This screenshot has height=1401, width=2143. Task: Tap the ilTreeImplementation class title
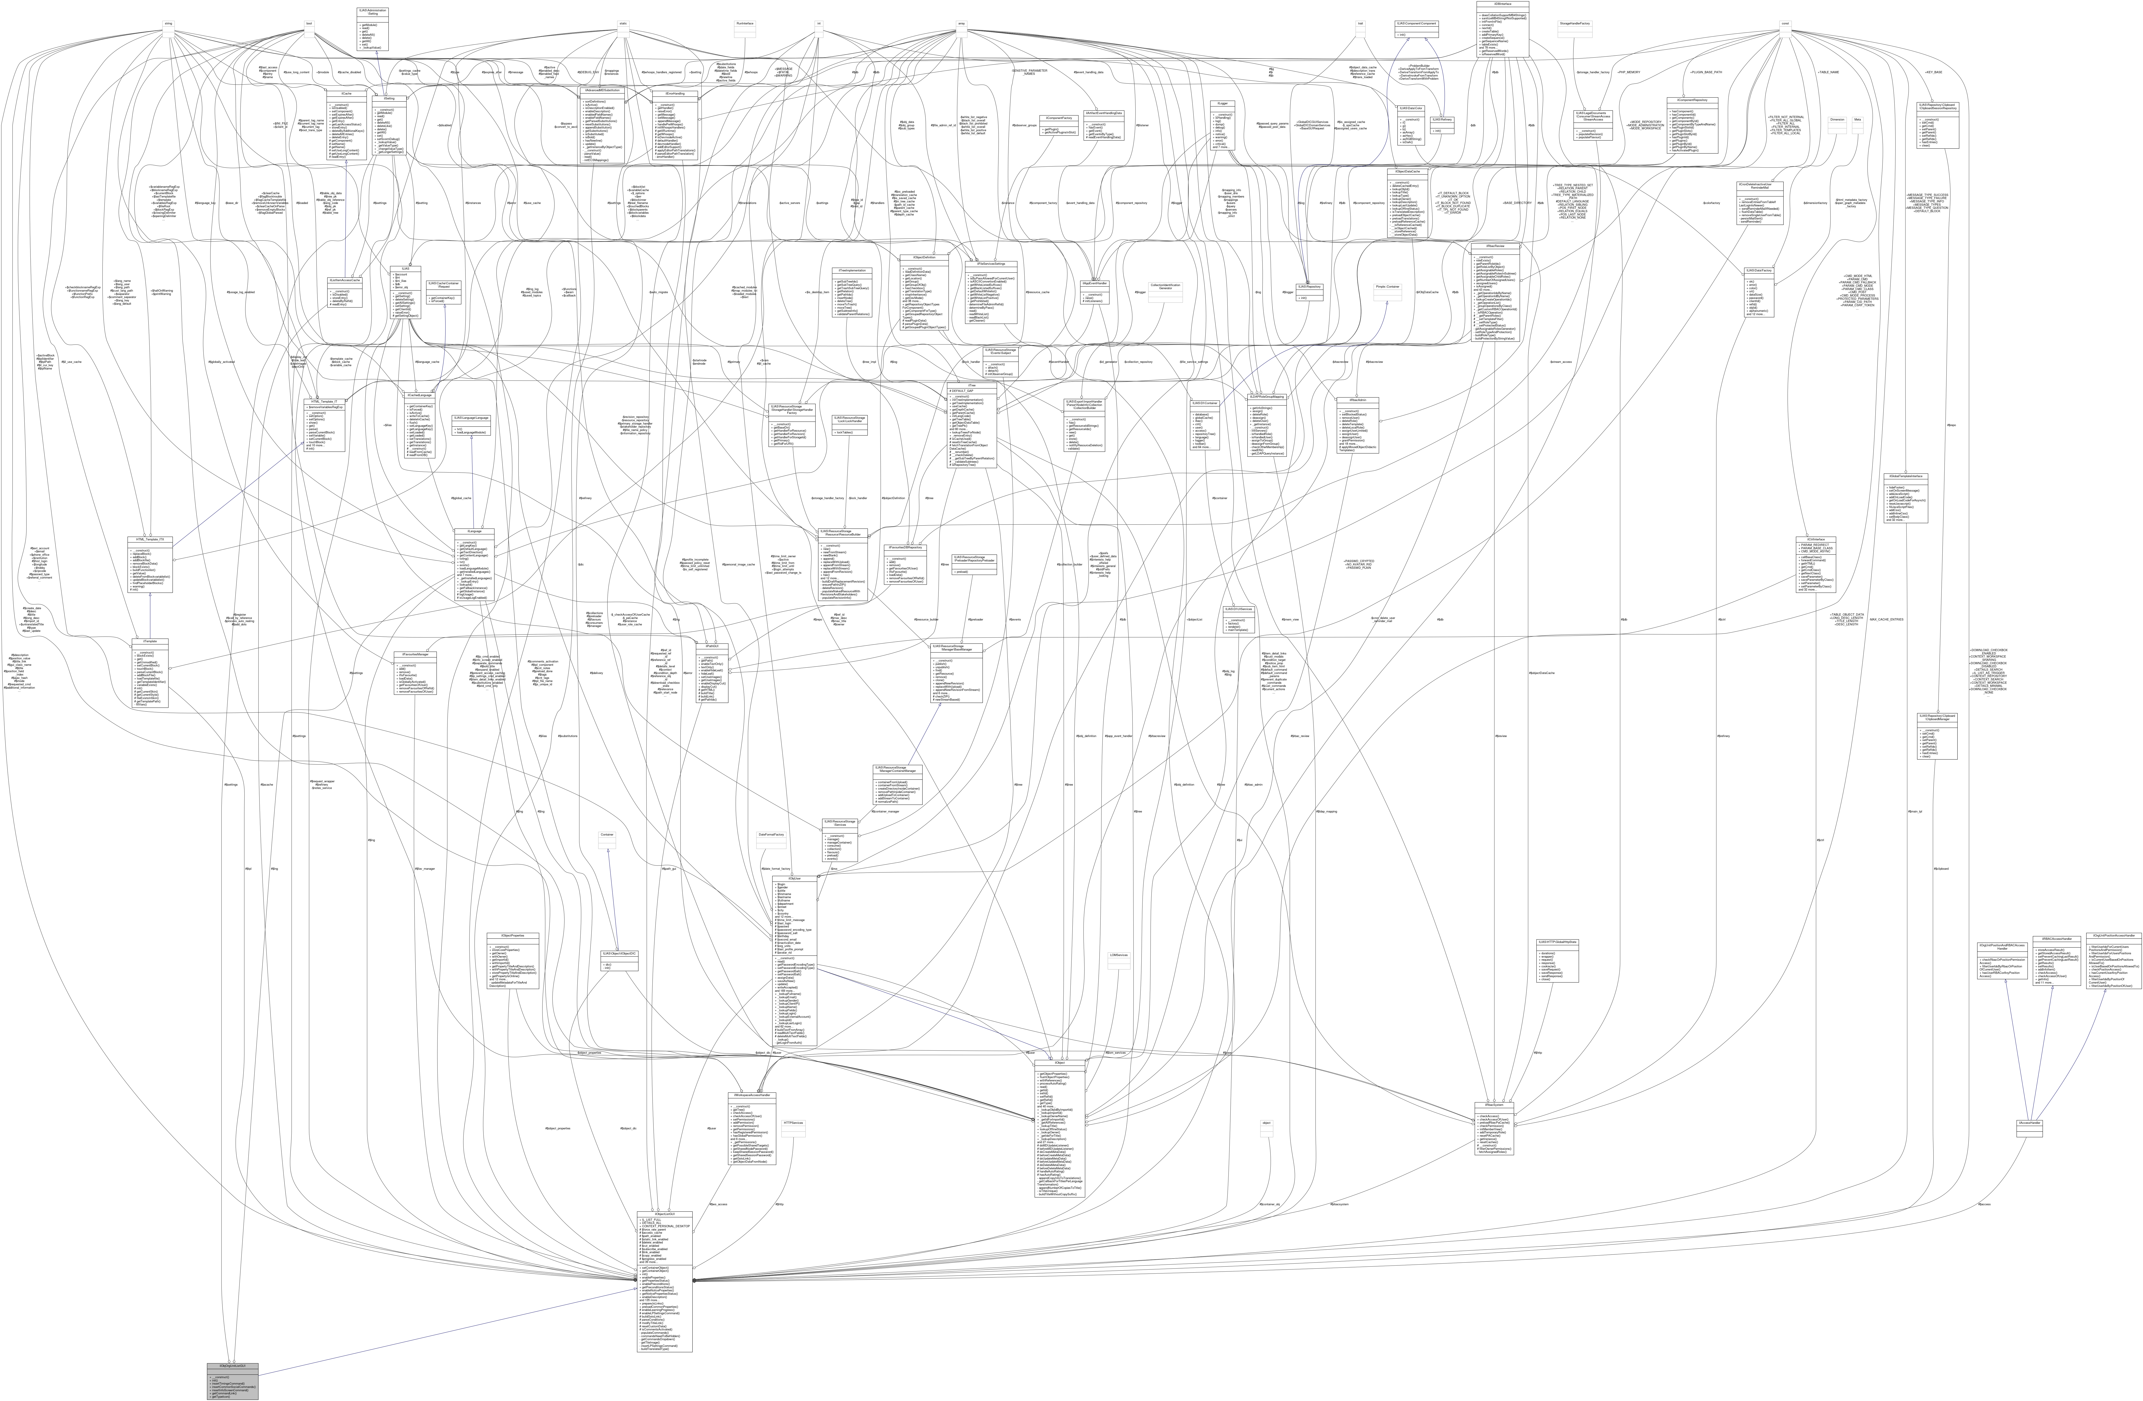[x=851, y=270]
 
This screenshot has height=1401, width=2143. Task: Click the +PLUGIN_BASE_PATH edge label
[x=1684, y=71]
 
